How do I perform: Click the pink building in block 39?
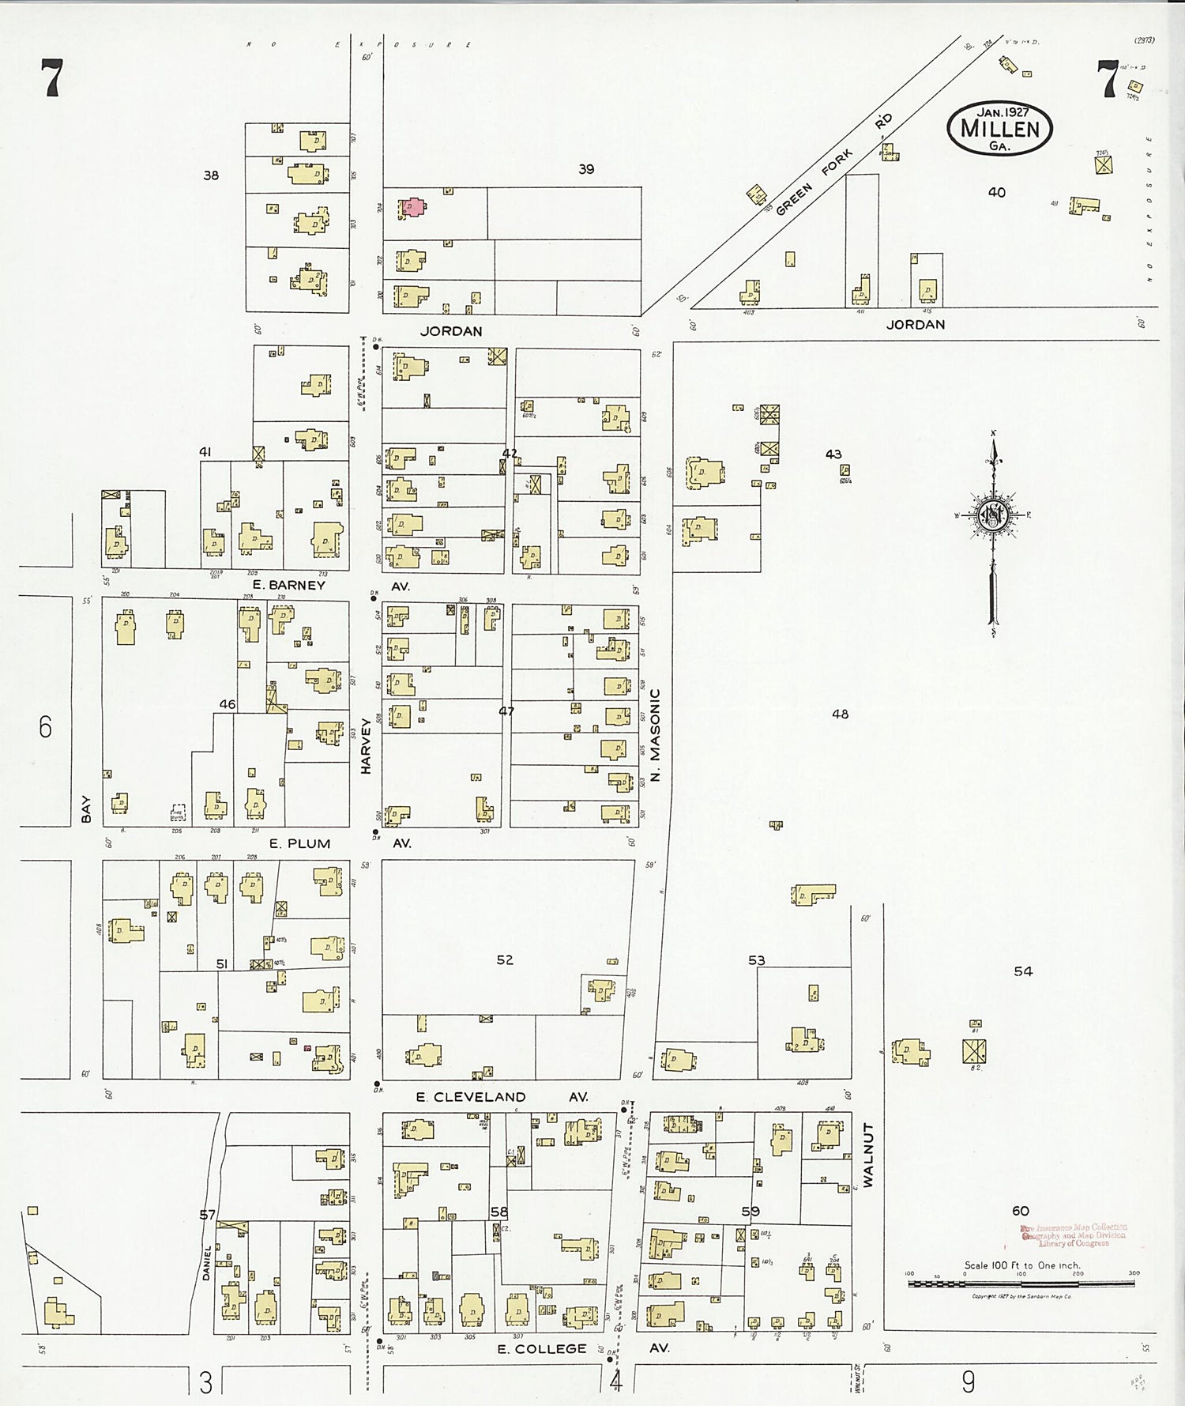(x=412, y=207)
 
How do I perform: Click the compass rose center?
(x=991, y=516)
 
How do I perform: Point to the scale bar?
(x=1021, y=1283)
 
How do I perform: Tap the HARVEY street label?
(x=366, y=744)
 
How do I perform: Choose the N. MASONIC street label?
(x=655, y=735)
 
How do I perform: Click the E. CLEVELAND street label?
(x=471, y=1097)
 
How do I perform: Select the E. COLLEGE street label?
(x=542, y=1349)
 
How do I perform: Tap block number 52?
(x=505, y=959)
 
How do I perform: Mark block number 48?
(x=840, y=714)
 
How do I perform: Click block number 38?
(x=211, y=175)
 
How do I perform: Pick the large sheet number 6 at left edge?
(x=45, y=726)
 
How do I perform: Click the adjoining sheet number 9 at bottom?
(x=969, y=1381)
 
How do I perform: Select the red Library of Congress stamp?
(x=1074, y=1234)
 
